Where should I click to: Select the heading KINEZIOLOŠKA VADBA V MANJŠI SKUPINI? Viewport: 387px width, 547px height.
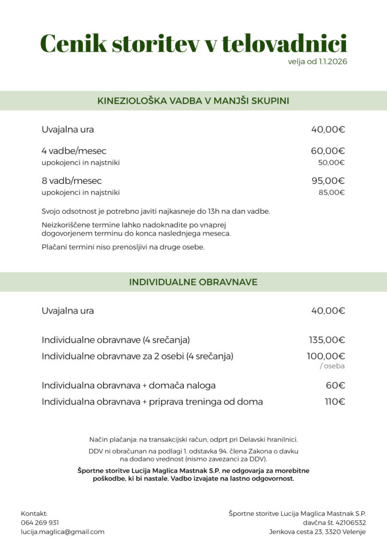pos(193,100)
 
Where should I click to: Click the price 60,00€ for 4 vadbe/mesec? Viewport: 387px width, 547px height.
pos(328,151)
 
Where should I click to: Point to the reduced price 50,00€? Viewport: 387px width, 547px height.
pos(331,162)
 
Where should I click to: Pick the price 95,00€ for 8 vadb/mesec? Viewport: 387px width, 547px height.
pos(328,181)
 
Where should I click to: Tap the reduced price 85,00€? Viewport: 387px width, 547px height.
pos(331,192)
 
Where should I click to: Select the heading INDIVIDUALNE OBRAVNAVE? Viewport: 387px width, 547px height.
pos(193,282)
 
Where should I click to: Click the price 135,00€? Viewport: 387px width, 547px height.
pos(327,340)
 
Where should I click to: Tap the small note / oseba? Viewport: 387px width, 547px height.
pos(332,366)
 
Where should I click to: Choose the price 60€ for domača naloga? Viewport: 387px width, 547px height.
pos(335,385)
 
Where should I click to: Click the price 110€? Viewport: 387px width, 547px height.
pos(335,402)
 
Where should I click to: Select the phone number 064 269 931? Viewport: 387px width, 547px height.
pos(40,522)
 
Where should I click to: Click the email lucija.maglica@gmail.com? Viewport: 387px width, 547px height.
pos(63,532)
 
